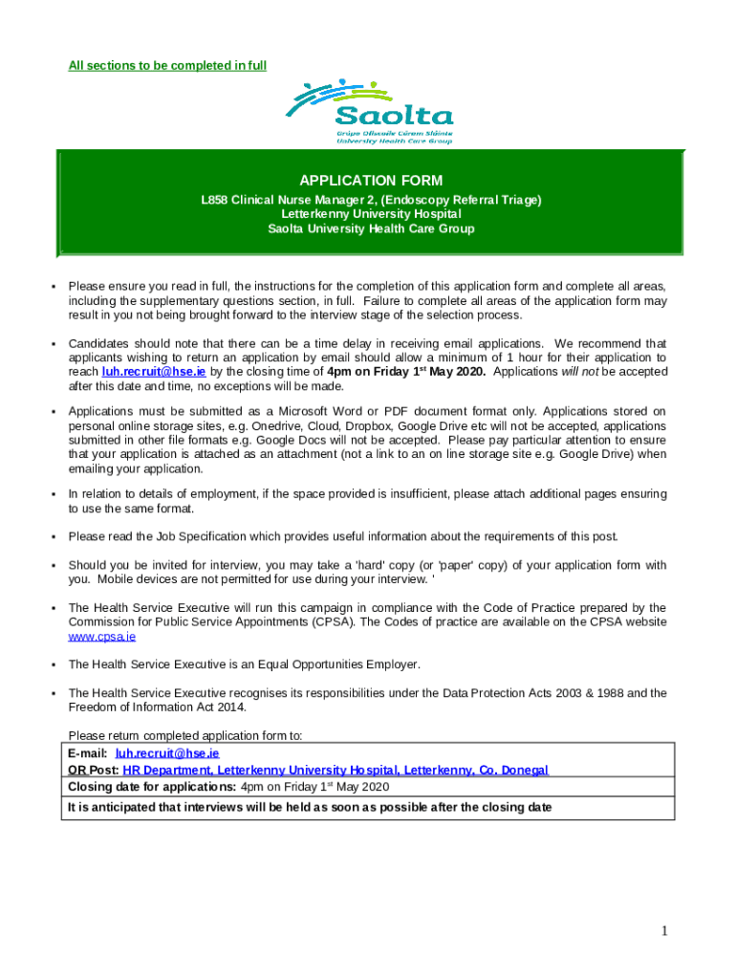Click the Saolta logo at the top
point(371,112)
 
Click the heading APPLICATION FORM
point(371,181)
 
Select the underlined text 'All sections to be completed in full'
point(167,66)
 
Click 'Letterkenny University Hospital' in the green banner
point(371,214)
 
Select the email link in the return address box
point(167,753)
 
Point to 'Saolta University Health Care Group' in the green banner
point(371,228)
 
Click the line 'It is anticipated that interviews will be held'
point(309,807)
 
